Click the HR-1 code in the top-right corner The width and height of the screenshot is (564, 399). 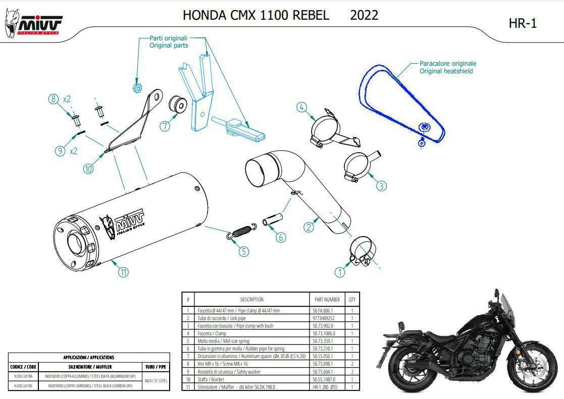click(x=523, y=23)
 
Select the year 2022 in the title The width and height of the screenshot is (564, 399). click(x=364, y=15)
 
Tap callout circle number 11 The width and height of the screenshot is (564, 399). click(x=123, y=272)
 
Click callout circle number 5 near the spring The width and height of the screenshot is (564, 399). click(x=243, y=251)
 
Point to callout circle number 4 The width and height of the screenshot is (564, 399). click(x=301, y=107)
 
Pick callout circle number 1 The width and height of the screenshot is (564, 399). click(x=340, y=272)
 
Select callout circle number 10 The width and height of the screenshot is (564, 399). click(x=88, y=169)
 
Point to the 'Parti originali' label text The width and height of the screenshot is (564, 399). click(x=168, y=38)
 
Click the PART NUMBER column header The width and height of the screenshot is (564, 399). click(x=327, y=299)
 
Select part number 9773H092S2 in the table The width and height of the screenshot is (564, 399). click(x=324, y=318)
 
